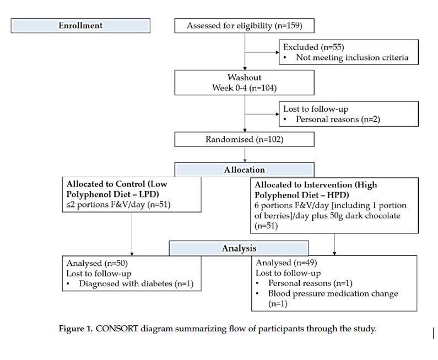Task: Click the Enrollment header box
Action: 80,26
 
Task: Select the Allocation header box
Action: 244,170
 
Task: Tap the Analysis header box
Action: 239,249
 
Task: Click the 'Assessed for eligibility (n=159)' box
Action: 244,26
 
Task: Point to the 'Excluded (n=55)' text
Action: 313,47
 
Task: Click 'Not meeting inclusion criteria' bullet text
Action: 352,57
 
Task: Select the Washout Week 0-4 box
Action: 244,83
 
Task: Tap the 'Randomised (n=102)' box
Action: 244,139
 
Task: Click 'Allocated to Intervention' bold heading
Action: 316,185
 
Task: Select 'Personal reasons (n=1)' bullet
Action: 307,283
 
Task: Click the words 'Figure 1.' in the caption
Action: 76,329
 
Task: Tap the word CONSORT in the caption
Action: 117,329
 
